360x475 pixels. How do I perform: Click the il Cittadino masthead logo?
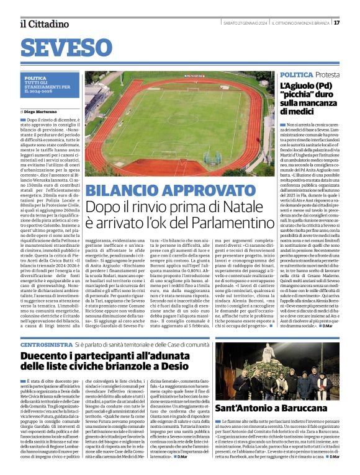point(44,24)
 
